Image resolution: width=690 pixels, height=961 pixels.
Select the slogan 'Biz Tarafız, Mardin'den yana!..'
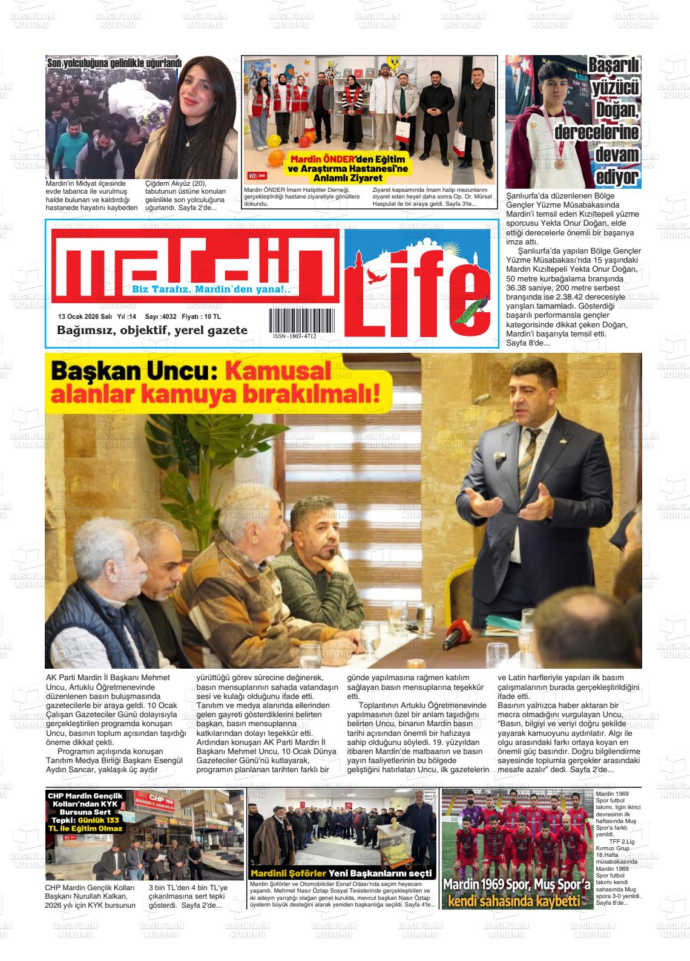coord(211,289)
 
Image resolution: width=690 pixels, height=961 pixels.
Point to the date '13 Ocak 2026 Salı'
coord(85,317)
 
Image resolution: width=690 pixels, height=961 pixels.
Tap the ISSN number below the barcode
coord(294,336)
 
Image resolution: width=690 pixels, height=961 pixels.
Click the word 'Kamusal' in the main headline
coord(278,371)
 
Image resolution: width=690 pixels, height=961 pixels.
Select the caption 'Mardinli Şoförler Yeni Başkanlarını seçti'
coord(342,874)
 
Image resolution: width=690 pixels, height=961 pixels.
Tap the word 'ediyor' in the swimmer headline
coord(617,177)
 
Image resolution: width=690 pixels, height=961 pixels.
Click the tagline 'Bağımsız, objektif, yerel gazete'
coord(152,330)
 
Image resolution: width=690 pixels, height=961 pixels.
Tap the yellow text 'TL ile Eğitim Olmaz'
coord(86,828)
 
